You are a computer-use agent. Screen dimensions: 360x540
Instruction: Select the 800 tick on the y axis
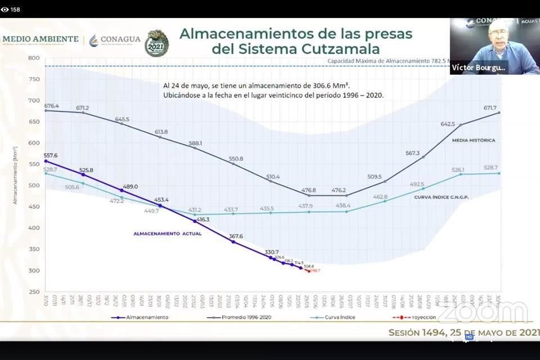33,58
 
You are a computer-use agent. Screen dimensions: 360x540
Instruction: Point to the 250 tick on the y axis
33,292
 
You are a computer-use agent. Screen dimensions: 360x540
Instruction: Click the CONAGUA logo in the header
115,39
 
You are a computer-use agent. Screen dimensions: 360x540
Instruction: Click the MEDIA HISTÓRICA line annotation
474,140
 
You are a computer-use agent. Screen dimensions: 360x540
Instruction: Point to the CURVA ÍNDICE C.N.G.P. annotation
442,197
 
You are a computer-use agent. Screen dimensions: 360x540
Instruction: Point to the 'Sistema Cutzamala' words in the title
295,49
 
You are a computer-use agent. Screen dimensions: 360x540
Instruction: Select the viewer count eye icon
5,9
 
